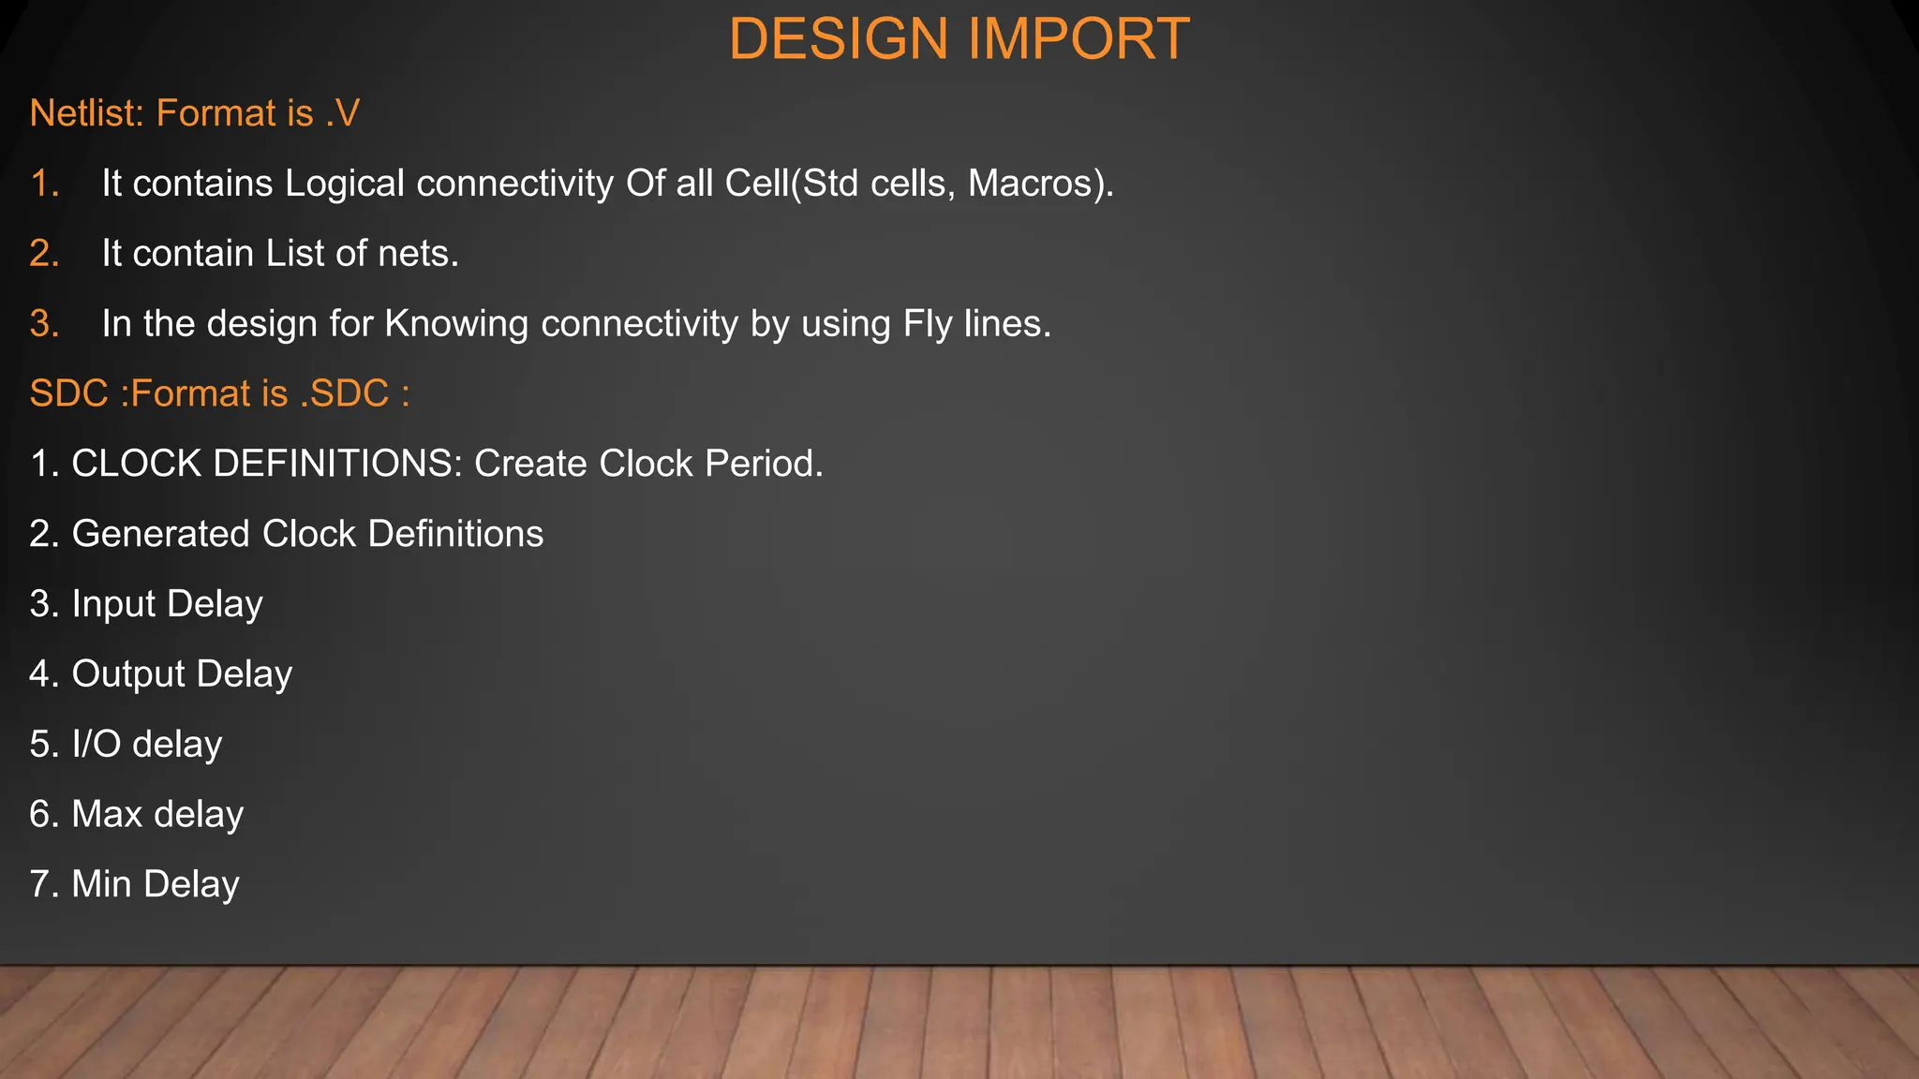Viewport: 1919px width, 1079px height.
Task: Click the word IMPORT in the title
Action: click(x=1078, y=39)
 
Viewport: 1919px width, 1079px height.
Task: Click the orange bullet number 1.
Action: click(x=43, y=184)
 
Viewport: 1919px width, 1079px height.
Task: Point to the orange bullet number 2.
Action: click(x=43, y=254)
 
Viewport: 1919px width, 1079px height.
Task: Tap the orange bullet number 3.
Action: click(x=43, y=324)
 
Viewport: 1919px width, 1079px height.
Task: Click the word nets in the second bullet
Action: click(x=417, y=254)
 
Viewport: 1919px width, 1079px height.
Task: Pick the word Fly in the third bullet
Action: click(x=928, y=324)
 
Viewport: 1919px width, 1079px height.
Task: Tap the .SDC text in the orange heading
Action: click(x=344, y=394)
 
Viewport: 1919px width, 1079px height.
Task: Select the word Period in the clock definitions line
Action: click(x=762, y=465)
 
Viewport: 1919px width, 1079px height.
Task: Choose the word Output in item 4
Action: click(x=128, y=675)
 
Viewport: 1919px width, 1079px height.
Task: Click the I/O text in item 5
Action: click(x=97, y=745)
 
